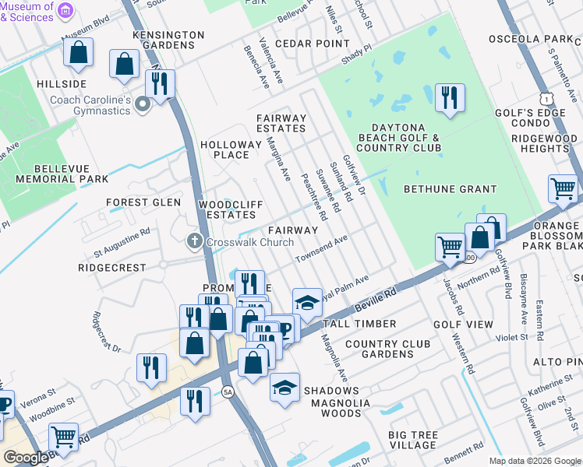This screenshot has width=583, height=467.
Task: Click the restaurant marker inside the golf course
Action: [450, 98]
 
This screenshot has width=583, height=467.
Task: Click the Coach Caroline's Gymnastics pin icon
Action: [142, 104]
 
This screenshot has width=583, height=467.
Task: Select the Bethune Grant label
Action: [450, 189]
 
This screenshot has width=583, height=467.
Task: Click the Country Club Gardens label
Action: [379, 349]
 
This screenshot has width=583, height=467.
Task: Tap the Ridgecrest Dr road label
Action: [107, 332]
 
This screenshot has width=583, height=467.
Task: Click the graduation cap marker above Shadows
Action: [285, 387]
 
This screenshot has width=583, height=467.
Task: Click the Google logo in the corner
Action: [26, 458]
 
